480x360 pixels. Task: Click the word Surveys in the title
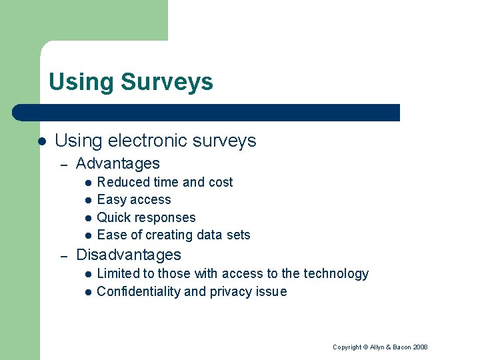[167, 83]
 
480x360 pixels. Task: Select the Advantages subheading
[118, 163]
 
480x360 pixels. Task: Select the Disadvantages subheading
[129, 255]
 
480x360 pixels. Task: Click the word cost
[221, 182]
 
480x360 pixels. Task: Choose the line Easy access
[134, 199]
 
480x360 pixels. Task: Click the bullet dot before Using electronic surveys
[41, 141]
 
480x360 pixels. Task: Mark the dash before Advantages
[63, 164]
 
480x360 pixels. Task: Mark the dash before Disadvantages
[63, 255]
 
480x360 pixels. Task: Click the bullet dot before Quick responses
[87, 218]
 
